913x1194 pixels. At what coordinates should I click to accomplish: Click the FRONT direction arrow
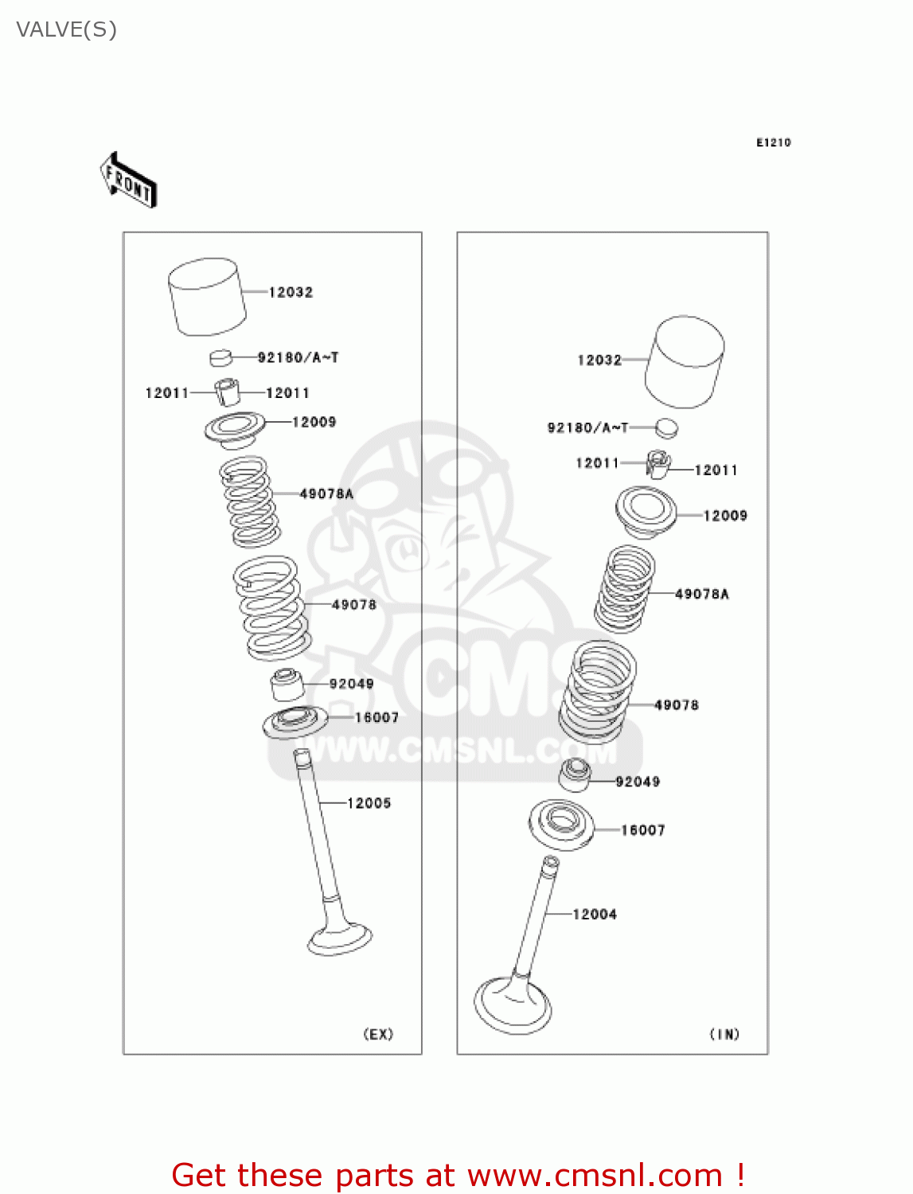pos(128,181)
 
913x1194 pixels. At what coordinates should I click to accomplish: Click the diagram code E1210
pos(773,142)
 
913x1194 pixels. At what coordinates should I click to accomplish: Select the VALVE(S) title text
pos(67,29)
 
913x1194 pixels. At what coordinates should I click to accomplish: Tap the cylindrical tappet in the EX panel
pos(206,296)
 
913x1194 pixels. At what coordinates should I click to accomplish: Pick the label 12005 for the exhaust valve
pos(369,803)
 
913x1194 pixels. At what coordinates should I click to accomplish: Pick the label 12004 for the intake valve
pos(595,915)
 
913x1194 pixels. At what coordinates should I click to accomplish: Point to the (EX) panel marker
pos(378,1034)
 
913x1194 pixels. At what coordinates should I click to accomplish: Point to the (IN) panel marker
pos(724,1034)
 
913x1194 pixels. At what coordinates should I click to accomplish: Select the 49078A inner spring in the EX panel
pos(249,501)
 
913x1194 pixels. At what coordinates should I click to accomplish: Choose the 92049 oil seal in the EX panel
pos(287,685)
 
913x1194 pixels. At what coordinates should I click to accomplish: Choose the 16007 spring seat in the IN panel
pos(562,823)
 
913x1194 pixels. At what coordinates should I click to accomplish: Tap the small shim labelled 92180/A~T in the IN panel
pos(666,428)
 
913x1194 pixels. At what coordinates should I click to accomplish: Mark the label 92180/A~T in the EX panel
pos(298,357)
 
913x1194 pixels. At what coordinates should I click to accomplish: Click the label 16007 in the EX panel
pos(377,717)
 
